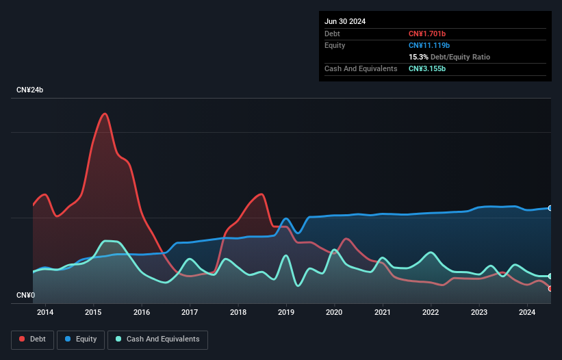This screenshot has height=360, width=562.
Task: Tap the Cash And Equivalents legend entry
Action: (157, 339)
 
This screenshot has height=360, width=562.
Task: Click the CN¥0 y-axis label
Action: (25, 295)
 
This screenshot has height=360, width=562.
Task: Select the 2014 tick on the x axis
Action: (45, 313)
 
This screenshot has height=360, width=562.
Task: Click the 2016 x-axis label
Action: (142, 313)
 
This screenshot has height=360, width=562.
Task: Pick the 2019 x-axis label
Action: (286, 313)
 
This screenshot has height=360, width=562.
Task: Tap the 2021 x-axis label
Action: (383, 313)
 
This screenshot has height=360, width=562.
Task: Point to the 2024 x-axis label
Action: (527, 313)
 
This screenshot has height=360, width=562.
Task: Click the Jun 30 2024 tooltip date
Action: (345, 21)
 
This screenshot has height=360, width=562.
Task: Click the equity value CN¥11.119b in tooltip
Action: (431, 45)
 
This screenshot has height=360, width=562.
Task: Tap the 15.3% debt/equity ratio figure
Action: (419, 57)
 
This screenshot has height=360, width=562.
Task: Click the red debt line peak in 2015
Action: (105, 114)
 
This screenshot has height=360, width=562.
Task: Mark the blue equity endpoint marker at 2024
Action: (550, 208)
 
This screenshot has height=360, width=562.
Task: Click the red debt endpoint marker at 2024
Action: (550, 288)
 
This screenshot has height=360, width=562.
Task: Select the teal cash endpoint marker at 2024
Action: (550, 276)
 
